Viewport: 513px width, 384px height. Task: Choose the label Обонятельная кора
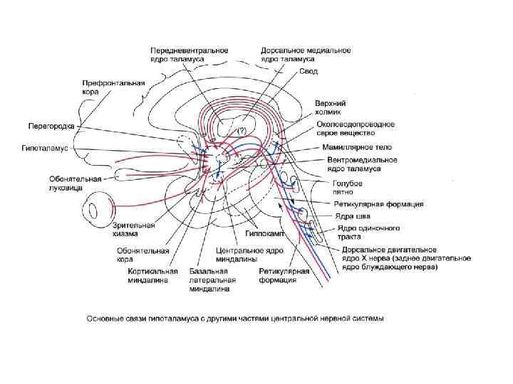pyautogui.click(x=142, y=255)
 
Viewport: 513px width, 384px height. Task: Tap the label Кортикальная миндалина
pyautogui.click(x=147, y=275)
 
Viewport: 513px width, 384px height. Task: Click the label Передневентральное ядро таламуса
pyautogui.click(x=189, y=55)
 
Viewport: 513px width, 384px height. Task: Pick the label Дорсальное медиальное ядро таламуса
pyautogui.click(x=306, y=55)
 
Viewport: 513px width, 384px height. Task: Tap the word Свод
pyautogui.click(x=309, y=73)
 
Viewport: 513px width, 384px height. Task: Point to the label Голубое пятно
pyautogui.click(x=348, y=188)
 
